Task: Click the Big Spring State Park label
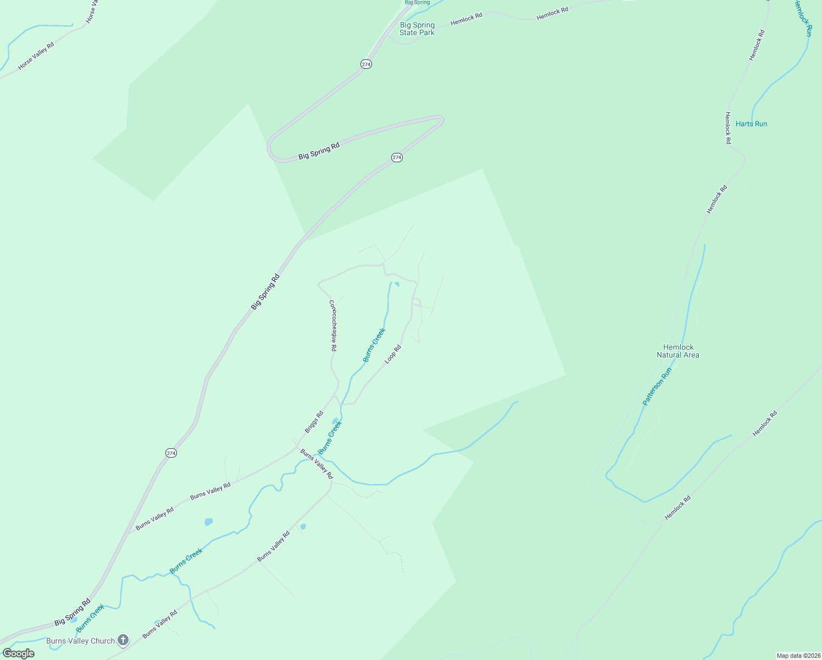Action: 417,29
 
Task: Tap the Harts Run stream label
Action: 751,124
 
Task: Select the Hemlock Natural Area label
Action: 678,351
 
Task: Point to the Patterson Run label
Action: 657,387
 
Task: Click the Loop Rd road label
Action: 393,354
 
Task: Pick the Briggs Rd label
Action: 314,422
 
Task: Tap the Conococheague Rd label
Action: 333,326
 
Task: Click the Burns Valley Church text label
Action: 80,641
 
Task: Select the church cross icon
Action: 123,640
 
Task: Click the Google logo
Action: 18,653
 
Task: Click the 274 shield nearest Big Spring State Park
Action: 366,64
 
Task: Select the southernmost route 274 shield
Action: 171,453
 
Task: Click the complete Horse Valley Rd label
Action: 36,56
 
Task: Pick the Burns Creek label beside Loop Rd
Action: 374,345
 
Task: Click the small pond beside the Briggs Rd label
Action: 335,421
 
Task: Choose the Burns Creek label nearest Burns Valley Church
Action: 90,618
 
